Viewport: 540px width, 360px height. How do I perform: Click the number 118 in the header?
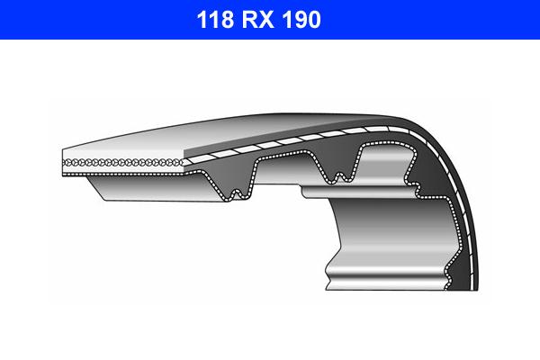(x=214, y=19)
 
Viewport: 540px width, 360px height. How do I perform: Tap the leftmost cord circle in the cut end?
(x=66, y=160)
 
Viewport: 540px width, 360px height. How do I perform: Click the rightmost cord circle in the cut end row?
(x=182, y=162)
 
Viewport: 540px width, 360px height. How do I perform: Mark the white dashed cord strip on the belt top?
(x=270, y=143)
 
